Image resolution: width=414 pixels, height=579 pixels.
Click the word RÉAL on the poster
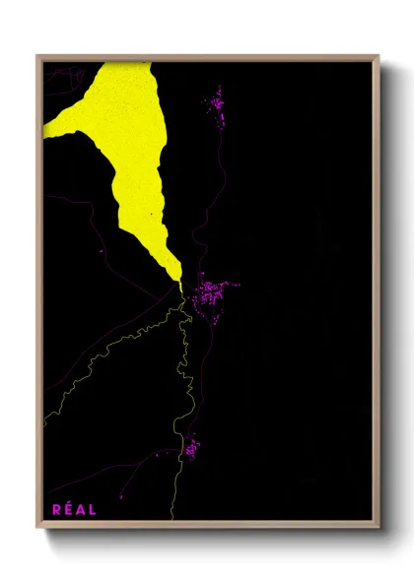tap(74, 509)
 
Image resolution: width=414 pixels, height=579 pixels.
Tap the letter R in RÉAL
tap(55, 509)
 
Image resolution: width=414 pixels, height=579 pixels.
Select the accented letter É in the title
tap(67, 509)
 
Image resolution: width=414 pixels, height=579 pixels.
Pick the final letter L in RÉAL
tap(93, 509)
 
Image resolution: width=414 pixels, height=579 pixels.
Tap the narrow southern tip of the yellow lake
tap(179, 282)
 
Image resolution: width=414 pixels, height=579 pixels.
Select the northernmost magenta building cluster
tap(217, 101)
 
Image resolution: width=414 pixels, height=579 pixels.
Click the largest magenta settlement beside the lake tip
tap(210, 293)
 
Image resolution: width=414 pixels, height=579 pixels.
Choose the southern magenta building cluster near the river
tap(190, 449)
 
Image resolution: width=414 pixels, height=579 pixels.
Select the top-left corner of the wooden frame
tap(38, 56)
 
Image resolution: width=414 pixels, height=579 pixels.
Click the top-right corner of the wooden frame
tap(379, 56)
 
